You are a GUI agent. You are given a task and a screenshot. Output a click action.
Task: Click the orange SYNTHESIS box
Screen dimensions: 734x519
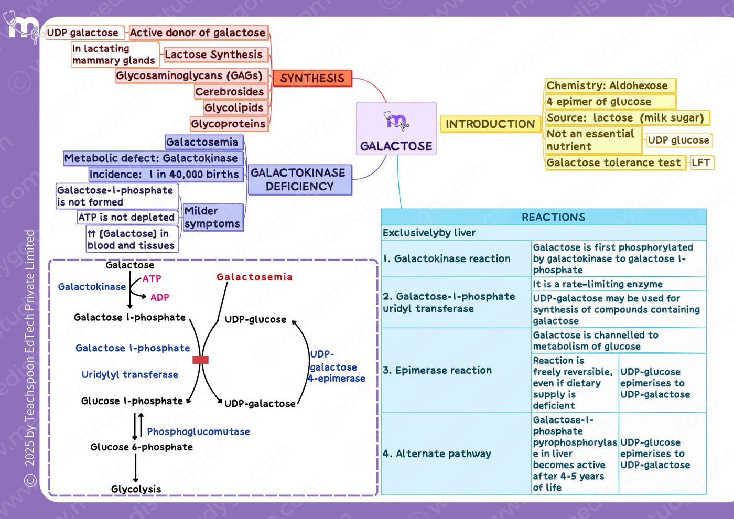312,78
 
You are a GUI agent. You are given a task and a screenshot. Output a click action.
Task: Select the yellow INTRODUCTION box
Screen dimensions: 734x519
490,124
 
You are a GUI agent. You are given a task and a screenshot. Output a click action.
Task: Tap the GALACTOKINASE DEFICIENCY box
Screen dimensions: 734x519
300,179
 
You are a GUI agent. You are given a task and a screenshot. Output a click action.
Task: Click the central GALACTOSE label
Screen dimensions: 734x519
396,146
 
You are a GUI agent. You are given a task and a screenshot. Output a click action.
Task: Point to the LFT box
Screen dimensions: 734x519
701,163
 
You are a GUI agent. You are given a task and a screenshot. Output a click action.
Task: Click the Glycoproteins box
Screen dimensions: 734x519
229,124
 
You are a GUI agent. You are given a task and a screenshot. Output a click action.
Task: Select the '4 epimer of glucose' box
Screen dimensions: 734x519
610,102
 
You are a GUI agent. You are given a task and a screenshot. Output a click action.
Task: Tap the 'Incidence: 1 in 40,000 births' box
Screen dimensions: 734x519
166,174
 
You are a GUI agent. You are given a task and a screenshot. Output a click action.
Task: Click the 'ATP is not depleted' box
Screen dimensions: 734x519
128,217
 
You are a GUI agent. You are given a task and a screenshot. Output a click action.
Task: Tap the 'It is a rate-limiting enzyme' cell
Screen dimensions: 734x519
619,284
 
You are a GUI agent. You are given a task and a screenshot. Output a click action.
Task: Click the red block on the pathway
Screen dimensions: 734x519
200,360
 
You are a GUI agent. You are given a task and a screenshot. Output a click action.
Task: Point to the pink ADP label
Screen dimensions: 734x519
160,297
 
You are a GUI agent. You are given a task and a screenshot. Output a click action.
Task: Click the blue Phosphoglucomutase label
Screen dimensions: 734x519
199,432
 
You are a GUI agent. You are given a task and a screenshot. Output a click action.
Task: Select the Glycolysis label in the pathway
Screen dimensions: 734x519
136,489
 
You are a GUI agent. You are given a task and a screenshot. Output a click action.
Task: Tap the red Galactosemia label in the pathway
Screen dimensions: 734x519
255,277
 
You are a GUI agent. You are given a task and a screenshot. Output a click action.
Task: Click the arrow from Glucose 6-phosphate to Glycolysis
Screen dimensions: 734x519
135,468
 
